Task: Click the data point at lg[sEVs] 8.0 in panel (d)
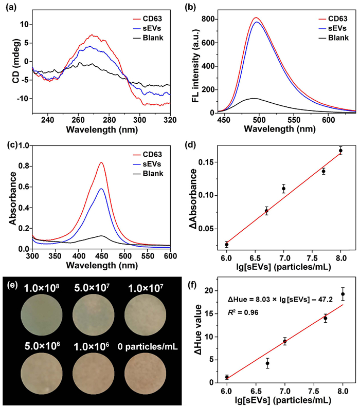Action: coord(340,151)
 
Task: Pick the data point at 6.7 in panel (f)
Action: coord(267,363)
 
